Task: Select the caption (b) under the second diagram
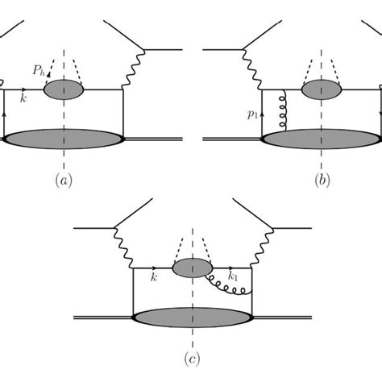322,181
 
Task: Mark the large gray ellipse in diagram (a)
64,138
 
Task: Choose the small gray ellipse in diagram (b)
321,89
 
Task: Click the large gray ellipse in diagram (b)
322,138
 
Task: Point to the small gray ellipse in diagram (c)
193,266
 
